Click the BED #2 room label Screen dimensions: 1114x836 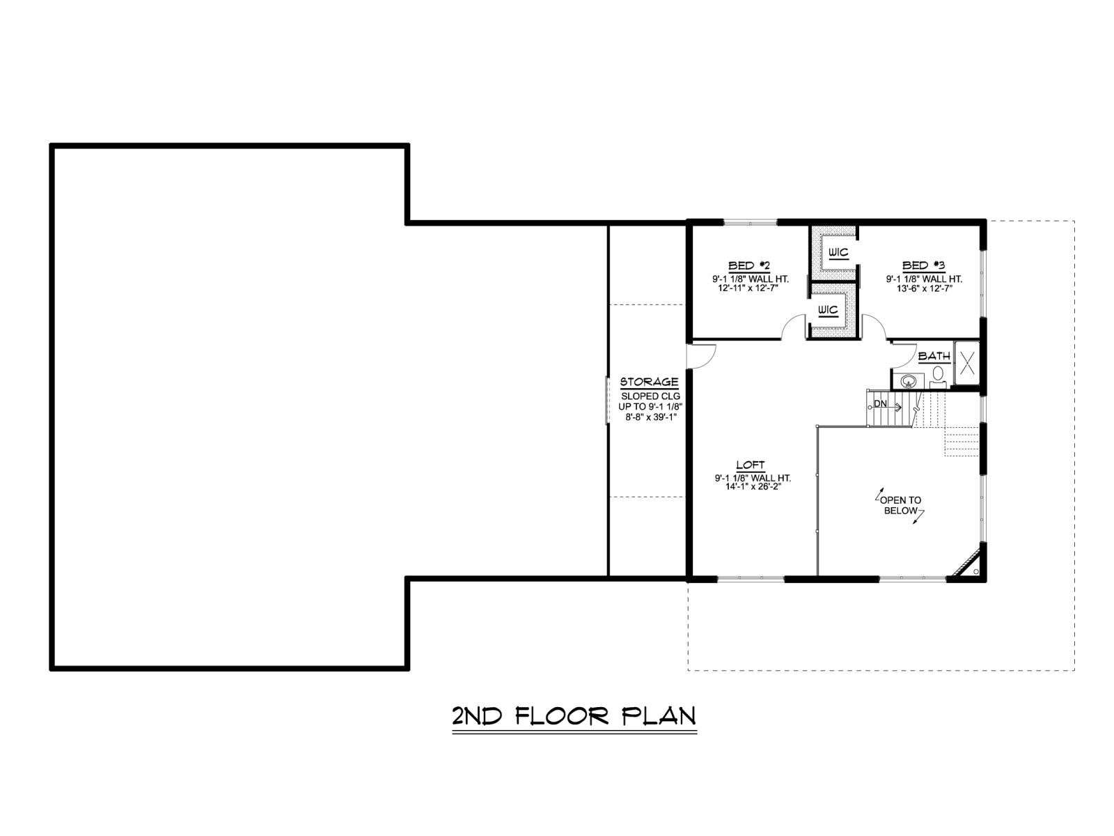(748, 265)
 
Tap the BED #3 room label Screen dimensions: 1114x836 (923, 265)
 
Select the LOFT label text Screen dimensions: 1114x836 (750, 465)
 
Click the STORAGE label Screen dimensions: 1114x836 (649, 382)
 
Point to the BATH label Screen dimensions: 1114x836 (934, 356)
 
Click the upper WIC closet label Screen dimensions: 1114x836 (838, 253)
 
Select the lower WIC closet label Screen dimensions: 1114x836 (827, 309)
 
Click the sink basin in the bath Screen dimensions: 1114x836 (907, 380)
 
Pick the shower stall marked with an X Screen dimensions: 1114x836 (967, 364)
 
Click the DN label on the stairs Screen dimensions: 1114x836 (880, 404)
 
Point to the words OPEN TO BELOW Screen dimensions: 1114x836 (901, 506)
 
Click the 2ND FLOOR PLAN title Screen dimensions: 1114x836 (574, 716)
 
